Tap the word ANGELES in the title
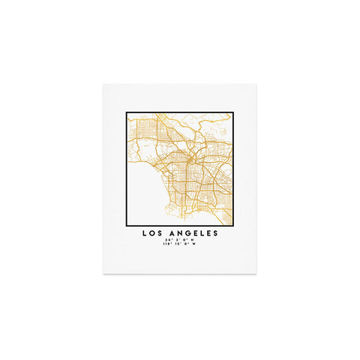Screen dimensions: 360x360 click(x=193, y=233)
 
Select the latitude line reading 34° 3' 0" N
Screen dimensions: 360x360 click(x=180, y=240)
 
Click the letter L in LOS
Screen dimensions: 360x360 click(x=143, y=233)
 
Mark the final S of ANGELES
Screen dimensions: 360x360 click(x=216, y=233)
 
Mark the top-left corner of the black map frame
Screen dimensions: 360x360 click(x=127, y=113)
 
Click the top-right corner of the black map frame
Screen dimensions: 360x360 click(x=232, y=113)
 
